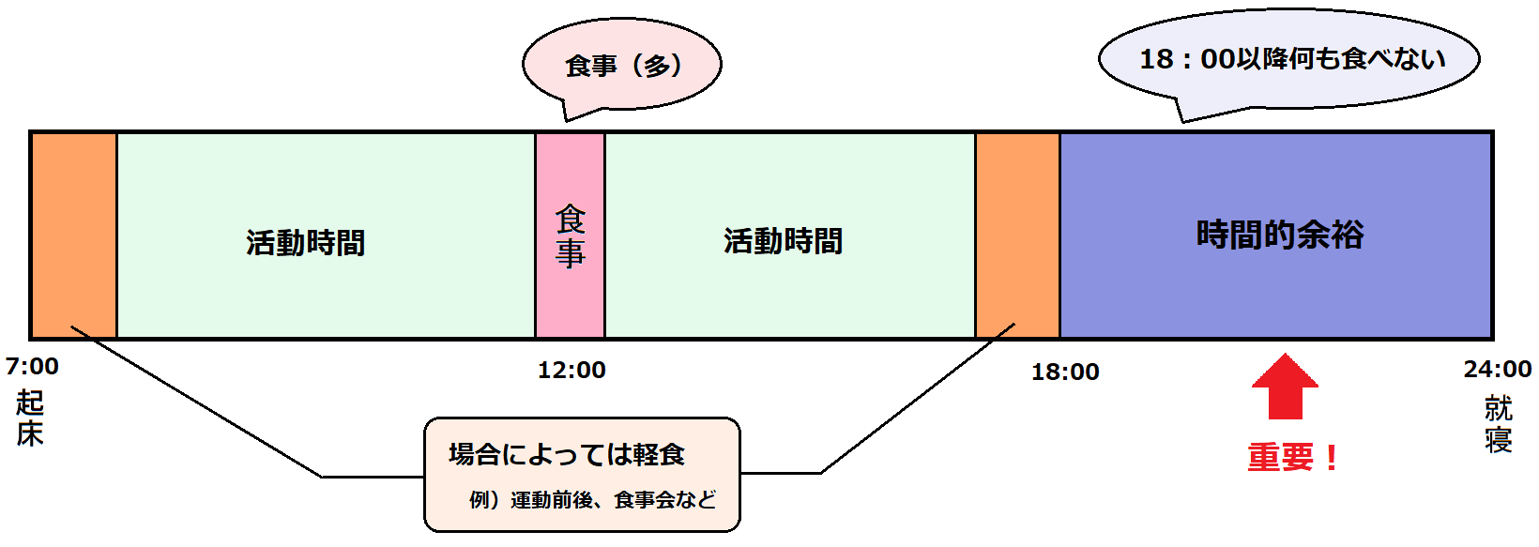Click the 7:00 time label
(32, 366)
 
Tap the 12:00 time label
(571, 370)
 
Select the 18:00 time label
(1065, 372)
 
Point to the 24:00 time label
(1497, 369)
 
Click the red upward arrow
(1285, 387)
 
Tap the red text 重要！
(1293, 457)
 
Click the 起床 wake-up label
(30, 418)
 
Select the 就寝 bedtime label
(1498, 423)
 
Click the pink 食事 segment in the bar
(570, 236)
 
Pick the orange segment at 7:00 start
(74, 236)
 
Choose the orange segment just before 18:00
(1017, 236)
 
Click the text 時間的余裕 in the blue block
(1279, 235)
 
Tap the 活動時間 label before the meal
(305, 243)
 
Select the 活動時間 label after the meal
(783, 241)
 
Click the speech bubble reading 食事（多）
(621, 66)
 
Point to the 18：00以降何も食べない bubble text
(1291, 59)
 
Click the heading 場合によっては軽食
(567, 455)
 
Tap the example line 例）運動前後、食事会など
(592, 500)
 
